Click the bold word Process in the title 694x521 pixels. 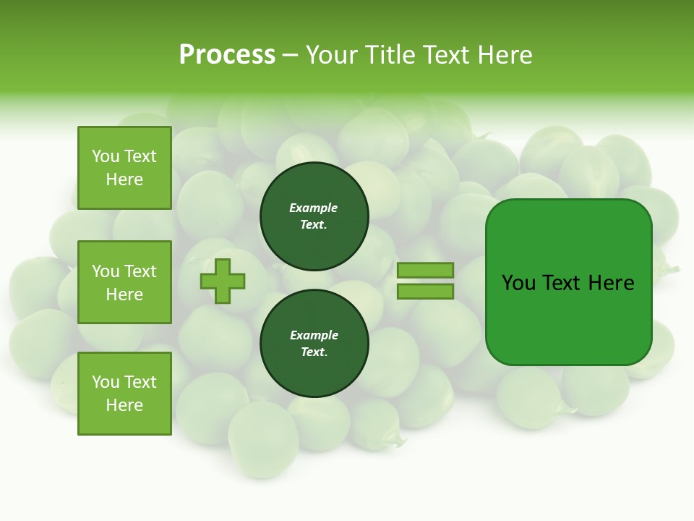click(x=227, y=55)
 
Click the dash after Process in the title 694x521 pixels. click(x=291, y=55)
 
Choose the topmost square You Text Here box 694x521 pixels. click(x=124, y=168)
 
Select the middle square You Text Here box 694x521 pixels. click(x=124, y=282)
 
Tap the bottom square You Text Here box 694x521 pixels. click(x=124, y=394)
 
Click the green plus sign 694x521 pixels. click(x=223, y=281)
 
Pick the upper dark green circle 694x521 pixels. click(x=314, y=216)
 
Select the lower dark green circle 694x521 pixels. click(x=314, y=344)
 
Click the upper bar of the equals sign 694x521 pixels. click(x=425, y=270)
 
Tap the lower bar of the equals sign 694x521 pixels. click(x=425, y=292)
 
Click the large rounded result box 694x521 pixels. click(x=568, y=282)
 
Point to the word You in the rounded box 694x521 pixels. click(x=518, y=283)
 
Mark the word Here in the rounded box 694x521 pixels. click(x=611, y=283)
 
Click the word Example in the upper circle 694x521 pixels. click(x=313, y=208)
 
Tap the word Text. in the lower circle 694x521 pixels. click(x=314, y=352)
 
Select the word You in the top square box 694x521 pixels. click(x=106, y=156)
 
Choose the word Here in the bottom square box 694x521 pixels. click(x=124, y=405)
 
